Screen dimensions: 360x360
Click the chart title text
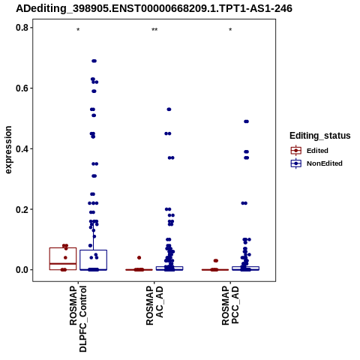click(x=154, y=8)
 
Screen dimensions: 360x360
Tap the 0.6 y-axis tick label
click(x=22, y=88)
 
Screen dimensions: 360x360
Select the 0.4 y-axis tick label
click(x=22, y=148)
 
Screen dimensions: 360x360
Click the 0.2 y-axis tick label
click(x=22, y=209)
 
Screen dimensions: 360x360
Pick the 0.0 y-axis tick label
click(x=22, y=270)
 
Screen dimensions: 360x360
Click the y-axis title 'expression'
click(x=8, y=150)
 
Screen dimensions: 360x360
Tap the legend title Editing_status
click(x=319, y=136)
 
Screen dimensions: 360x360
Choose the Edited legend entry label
click(x=317, y=151)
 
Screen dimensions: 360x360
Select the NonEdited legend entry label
click(x=325, y=163)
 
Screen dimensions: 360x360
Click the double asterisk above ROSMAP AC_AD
click(x=154, y=30)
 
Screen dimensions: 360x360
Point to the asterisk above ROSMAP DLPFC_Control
click(x=78, y=30)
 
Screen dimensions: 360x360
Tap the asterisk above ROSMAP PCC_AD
click(x=230, y=30)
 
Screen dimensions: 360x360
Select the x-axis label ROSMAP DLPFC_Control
click(x=78, y=319)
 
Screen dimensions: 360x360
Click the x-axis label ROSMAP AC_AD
click(x=154, y=306)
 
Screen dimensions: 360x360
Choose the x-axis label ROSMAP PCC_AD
click(x=230, y=305)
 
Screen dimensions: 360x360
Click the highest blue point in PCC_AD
click(x=246, y=121)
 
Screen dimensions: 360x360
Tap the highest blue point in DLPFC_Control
click(x=94, y=61)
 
